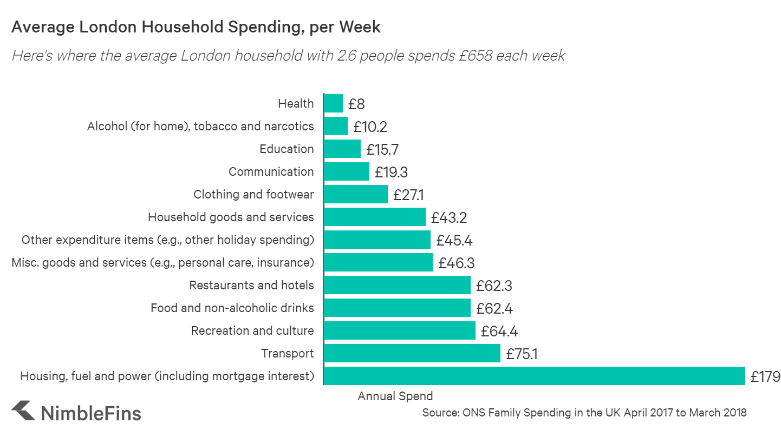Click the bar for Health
[333, 103]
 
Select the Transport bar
[412, 354]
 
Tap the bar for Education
[342, 149]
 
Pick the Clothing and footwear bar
[355, 195]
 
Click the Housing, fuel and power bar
[534, 376]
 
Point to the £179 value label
[765, 376]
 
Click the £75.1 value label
[522, 354]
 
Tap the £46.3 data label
[457, 263]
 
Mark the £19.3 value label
[390, 172]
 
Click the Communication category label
[271, 172]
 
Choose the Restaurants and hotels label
[251, 285]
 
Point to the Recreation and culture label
[252, 330]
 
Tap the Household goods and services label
[231, 217]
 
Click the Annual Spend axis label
[395, 396]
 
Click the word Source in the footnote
[440, 413]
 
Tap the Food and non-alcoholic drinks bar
[397, 308]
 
